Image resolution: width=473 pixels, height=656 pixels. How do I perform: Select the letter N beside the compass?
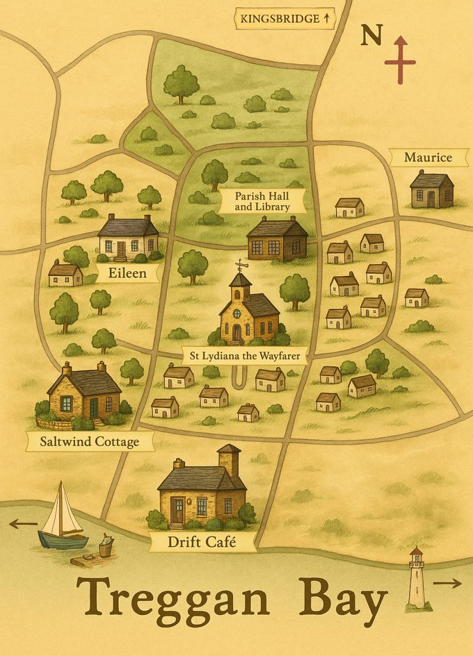[x=371, y=35]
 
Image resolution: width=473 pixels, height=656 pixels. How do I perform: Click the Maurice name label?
[x=428, y=158]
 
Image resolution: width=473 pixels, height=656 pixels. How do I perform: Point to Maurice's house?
[x=431, y=189]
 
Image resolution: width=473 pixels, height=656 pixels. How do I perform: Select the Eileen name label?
[x=127, y=272]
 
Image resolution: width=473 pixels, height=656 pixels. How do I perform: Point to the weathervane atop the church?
[x=240, y=265]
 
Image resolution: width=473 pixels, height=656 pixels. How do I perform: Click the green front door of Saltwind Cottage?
[x=94, y=407]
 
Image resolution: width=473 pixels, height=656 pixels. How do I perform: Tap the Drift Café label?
[x=202, y=541]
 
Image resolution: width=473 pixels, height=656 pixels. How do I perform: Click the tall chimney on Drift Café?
[x=228, y=460]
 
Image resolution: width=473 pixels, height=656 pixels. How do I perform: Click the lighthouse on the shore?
[x=416, y=578]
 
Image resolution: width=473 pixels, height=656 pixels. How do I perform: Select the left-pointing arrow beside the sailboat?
[x=23, y=523]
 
